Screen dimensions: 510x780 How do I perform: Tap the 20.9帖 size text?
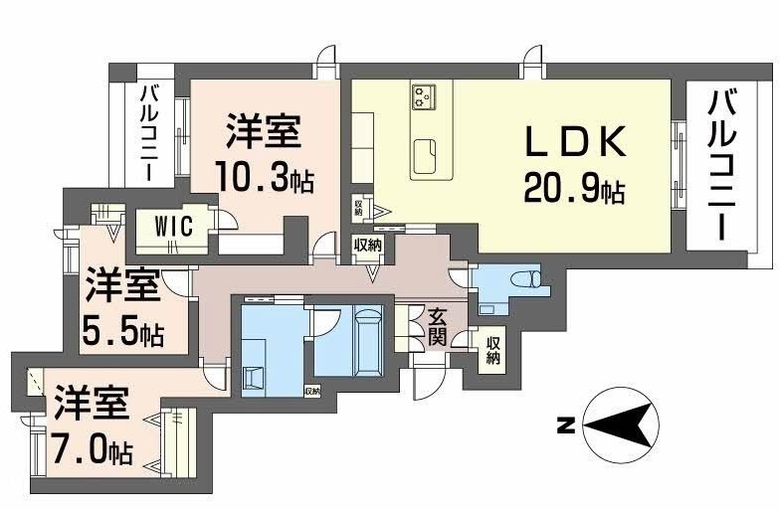(x=575, y=188)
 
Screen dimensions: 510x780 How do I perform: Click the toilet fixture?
(x=522, y=278)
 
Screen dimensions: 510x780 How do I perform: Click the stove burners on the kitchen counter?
(x=425, y=96)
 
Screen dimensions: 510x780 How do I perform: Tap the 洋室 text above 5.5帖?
(x=121, y=287)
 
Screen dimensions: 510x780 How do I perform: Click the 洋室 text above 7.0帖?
(x=91, y=407)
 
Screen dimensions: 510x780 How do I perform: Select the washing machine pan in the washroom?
(x=254, y=374)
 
